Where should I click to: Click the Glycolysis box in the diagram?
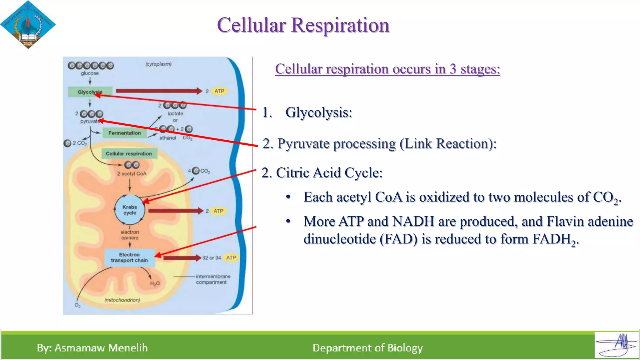point(86,92)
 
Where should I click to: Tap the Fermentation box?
point(124,133)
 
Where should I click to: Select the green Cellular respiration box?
point(129,153)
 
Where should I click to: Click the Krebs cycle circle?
point(130,210)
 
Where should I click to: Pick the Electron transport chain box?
point(129,257)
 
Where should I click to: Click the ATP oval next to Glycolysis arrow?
point(219,91)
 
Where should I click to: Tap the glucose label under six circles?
point(90,73)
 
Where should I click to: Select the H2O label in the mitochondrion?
point(155,283)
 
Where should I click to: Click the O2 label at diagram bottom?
point(77,305)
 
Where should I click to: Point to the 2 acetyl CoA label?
point(132,174)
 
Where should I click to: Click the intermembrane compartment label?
point(213,279)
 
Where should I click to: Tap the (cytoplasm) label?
point(158,64)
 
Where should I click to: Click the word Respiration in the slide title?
point(340,25)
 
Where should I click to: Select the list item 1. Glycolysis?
point(307,112)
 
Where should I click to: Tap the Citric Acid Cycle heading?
point(322,173)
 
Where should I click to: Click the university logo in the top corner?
point(28,24)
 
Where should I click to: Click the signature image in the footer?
point(616,345)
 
